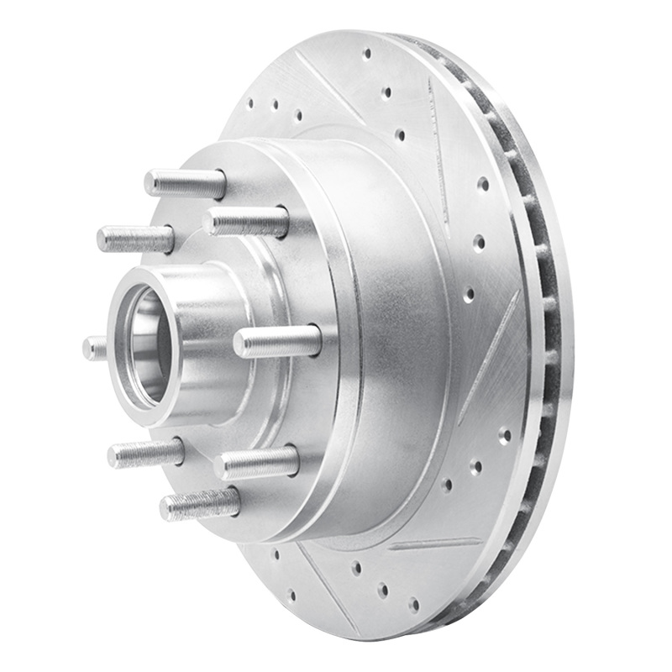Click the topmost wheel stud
click(185, 182)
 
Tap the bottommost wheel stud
click(200, 504)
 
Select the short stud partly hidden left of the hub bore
click(95, 348)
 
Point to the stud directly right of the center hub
click(277, 341)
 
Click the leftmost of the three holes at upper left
click(250, 105)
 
